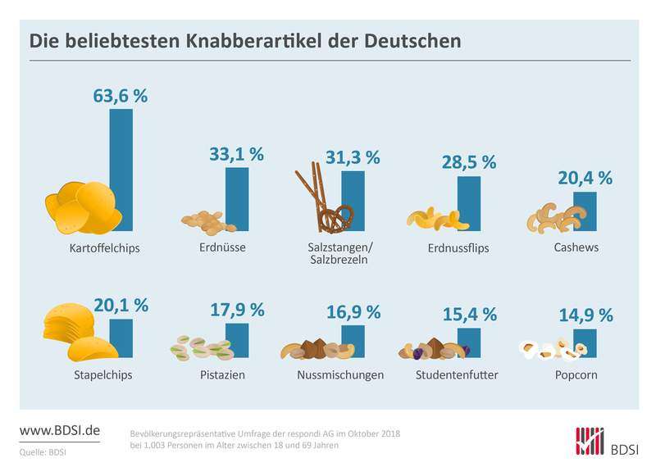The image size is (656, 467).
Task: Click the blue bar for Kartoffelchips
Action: [x=121, y=170]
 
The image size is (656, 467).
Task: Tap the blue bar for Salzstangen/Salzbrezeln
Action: [x=353, y=201]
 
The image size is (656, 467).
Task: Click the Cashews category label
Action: [x=576, y=247]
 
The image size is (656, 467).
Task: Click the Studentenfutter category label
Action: [x=458, y=375]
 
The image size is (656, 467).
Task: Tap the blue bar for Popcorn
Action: [x=585, y=343]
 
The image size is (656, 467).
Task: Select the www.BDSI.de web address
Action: [x=59, y=430]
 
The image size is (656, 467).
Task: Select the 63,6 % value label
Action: [x=121, y=95]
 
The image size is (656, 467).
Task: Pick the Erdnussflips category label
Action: [x=458, y=247]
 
